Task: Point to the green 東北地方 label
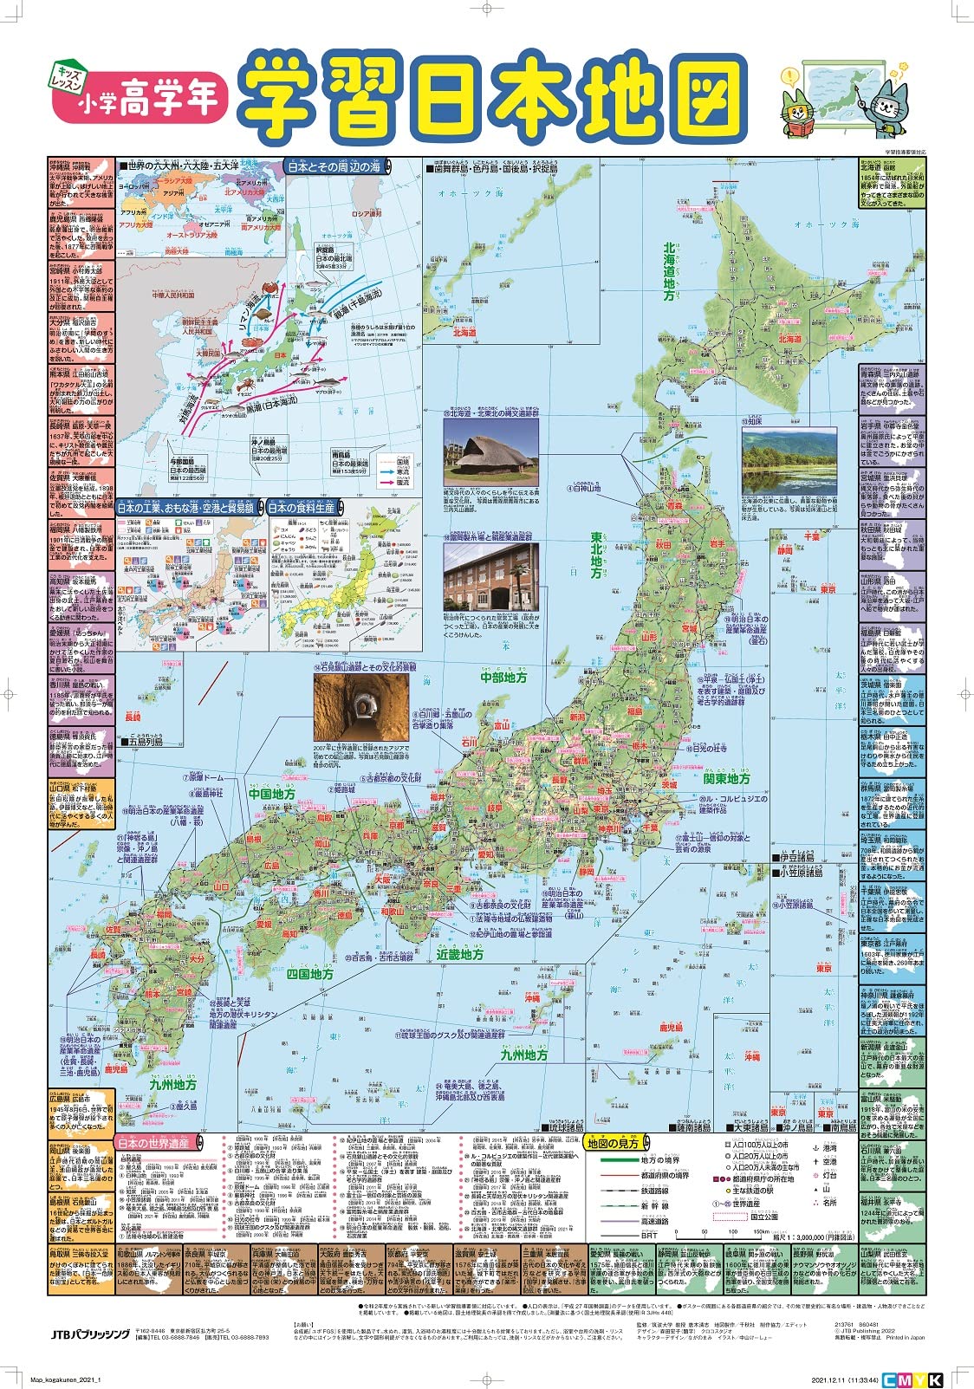596,555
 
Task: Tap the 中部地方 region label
504,678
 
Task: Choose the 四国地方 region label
310,974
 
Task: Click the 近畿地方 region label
460,954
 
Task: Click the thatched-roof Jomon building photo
490,458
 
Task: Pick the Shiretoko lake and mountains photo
789,460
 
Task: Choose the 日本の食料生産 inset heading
302,509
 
